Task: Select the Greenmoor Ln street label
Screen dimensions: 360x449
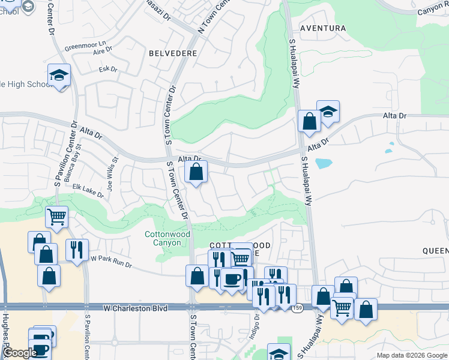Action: click(x=85, y=45)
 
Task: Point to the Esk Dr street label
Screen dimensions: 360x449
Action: click(x=107, y=70)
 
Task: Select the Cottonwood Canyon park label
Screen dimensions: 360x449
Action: click(x=167, y=238)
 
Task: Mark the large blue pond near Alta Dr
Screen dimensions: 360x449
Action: click(x=323, y=163)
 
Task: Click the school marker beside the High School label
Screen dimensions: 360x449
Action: click(x=59, y=76)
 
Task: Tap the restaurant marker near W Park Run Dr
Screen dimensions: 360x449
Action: click(x=77, y=249)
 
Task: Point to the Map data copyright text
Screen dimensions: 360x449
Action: click(x=412, y=355)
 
